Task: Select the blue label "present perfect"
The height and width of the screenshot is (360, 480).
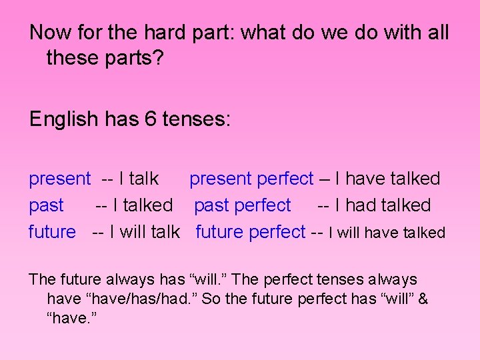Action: pyautogui.click(x=251, y=179)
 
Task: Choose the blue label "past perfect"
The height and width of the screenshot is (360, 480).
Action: pyautogui.click(x=243, y=205)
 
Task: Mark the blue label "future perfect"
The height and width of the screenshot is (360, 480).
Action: pyautogui.click(x=250, y=232)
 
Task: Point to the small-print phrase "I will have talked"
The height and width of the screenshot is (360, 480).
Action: pyautogui.click(x=387, y=233)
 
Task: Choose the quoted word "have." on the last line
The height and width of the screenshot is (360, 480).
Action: pyautogui.click(x=73, y=318)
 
